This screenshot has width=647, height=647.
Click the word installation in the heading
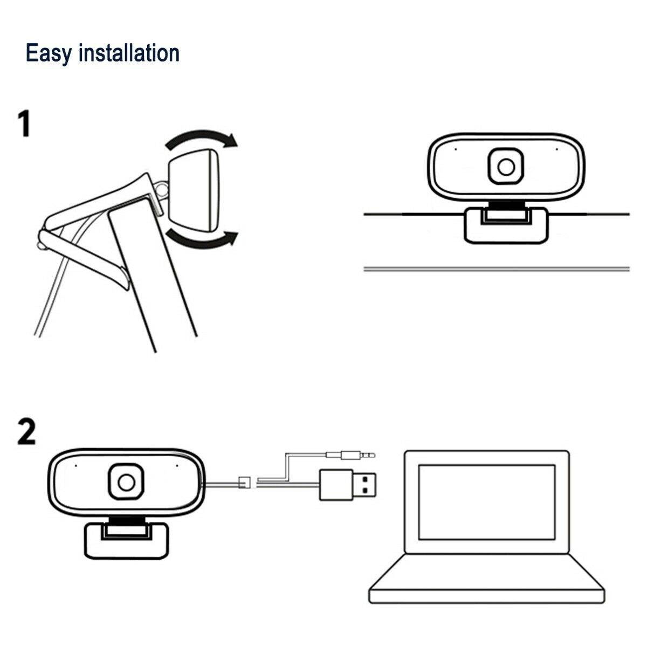[x=129, y=53]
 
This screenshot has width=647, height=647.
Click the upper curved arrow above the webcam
[x=201, y=138]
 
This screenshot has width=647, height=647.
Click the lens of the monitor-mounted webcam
[x=506, y=167]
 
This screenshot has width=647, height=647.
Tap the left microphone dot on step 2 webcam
[x=76, y=464]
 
